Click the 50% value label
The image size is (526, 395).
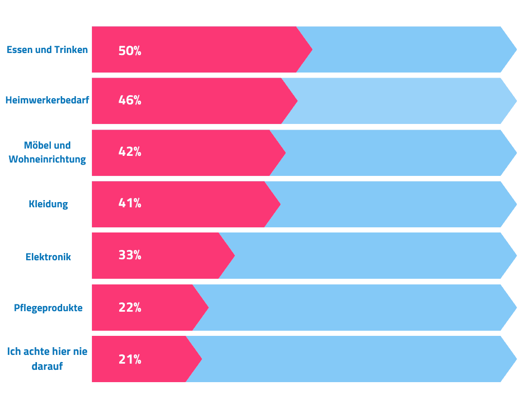point(130,51)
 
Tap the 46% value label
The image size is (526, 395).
point(130,100)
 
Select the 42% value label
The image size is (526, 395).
point(130,152)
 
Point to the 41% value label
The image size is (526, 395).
point(130,203)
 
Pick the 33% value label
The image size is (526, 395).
point(130,255)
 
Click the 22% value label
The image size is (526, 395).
point(130,308)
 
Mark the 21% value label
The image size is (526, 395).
point(130,360)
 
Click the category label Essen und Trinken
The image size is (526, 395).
point(47,50)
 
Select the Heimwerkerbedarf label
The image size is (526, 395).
point(47,100)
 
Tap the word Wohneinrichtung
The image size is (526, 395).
point(47,159)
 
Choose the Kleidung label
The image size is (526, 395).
point(48,204)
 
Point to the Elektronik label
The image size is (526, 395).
point(48,257)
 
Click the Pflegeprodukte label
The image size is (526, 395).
point(48,308)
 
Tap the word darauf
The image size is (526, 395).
point(47,366)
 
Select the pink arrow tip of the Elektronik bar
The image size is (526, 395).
point(234,256)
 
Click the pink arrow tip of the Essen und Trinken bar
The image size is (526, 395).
point(312,49)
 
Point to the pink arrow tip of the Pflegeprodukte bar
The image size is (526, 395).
point(209,308)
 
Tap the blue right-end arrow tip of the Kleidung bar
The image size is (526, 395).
point(517,204)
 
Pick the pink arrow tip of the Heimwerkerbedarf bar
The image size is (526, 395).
point(297,101)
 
